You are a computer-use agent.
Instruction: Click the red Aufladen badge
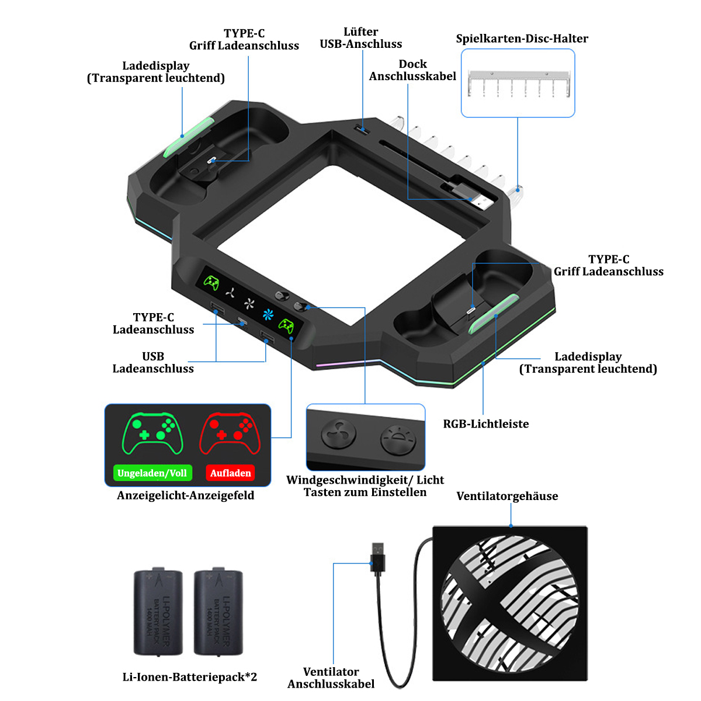pos(230,473)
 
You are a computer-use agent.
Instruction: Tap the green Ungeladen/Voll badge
pos(152,473)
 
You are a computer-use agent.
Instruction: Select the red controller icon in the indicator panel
pos(230,433)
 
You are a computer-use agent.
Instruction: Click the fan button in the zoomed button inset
pos(338,433)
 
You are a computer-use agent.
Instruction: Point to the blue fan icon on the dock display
pos(268,314)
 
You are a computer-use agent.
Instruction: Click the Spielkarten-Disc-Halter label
pos(522,39)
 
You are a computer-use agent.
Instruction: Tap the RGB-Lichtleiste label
pos(485,424)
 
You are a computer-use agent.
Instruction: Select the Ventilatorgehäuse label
pos(506,496)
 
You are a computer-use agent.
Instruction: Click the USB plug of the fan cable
pos(377,557)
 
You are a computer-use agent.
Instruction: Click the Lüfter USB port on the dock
pos(361,129)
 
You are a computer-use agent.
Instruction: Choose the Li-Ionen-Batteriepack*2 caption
pos(189,676)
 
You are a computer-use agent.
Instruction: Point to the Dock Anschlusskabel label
pos(412,70)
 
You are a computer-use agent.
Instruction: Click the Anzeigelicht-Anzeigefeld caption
pos(186,495)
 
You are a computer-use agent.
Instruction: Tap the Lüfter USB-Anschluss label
pos(361,37)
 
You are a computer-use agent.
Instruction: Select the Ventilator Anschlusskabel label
pos(331,678)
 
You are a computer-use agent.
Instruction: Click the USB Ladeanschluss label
pos(153,362)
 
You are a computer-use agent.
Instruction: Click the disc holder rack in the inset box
pos(519,84)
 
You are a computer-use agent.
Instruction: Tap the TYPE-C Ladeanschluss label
pos(153,323)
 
